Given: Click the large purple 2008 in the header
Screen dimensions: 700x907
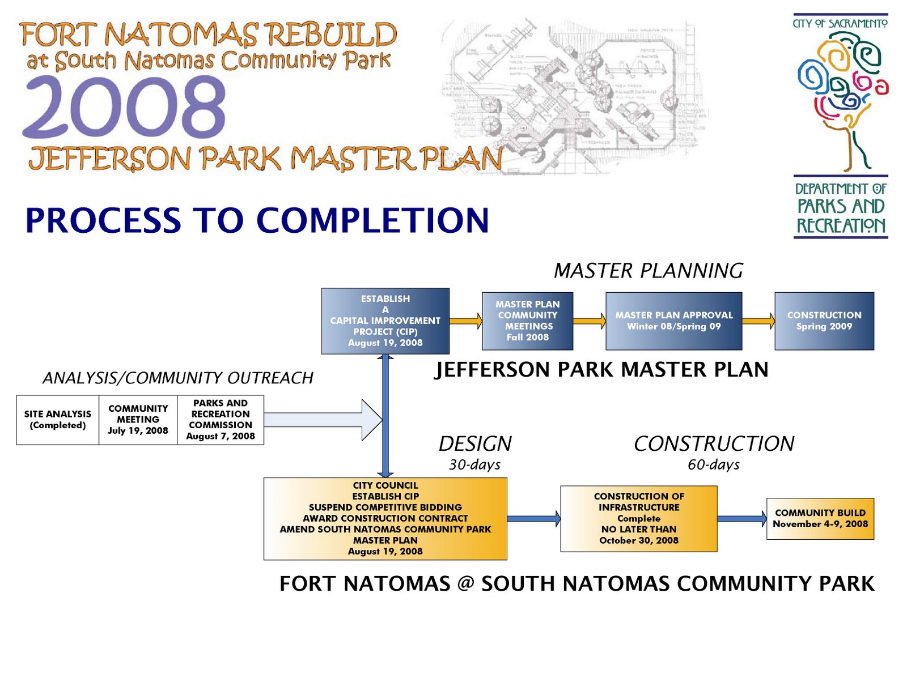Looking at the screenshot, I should tap(124, 108).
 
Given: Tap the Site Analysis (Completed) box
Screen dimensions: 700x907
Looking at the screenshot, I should tap(57, 420).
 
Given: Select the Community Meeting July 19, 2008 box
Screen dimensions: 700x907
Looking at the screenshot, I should tap(138, 420).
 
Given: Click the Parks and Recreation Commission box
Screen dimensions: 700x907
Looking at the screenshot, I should tap(221, 420).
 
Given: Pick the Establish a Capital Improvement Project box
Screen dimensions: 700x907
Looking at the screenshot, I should tap(385, 321).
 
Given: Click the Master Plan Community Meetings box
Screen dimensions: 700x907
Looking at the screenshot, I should tap(527, 321).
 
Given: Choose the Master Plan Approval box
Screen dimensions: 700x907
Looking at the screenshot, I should tap(673, 321).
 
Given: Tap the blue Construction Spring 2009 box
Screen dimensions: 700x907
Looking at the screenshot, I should tap(824, 321).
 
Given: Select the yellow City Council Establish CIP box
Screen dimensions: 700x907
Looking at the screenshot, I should tap(385, 518).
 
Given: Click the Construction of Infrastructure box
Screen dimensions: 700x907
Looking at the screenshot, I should tap(638, 518).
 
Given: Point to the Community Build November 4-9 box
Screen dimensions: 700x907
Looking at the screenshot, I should tap(820, 518).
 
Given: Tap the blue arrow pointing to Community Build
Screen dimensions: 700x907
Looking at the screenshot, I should tap(741, 518).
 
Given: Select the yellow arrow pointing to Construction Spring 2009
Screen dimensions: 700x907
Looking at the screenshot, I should tap(758, 321).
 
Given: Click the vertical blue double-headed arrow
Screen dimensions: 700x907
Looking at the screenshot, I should tap(385, 416).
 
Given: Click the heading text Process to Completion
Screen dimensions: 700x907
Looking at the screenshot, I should tap(257, 220).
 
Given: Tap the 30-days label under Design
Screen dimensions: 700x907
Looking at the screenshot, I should tap(474, 465).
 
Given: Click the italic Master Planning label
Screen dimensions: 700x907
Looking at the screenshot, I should tap(648, 271).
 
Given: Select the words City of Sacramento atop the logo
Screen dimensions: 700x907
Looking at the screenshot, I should tap(840, 23).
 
